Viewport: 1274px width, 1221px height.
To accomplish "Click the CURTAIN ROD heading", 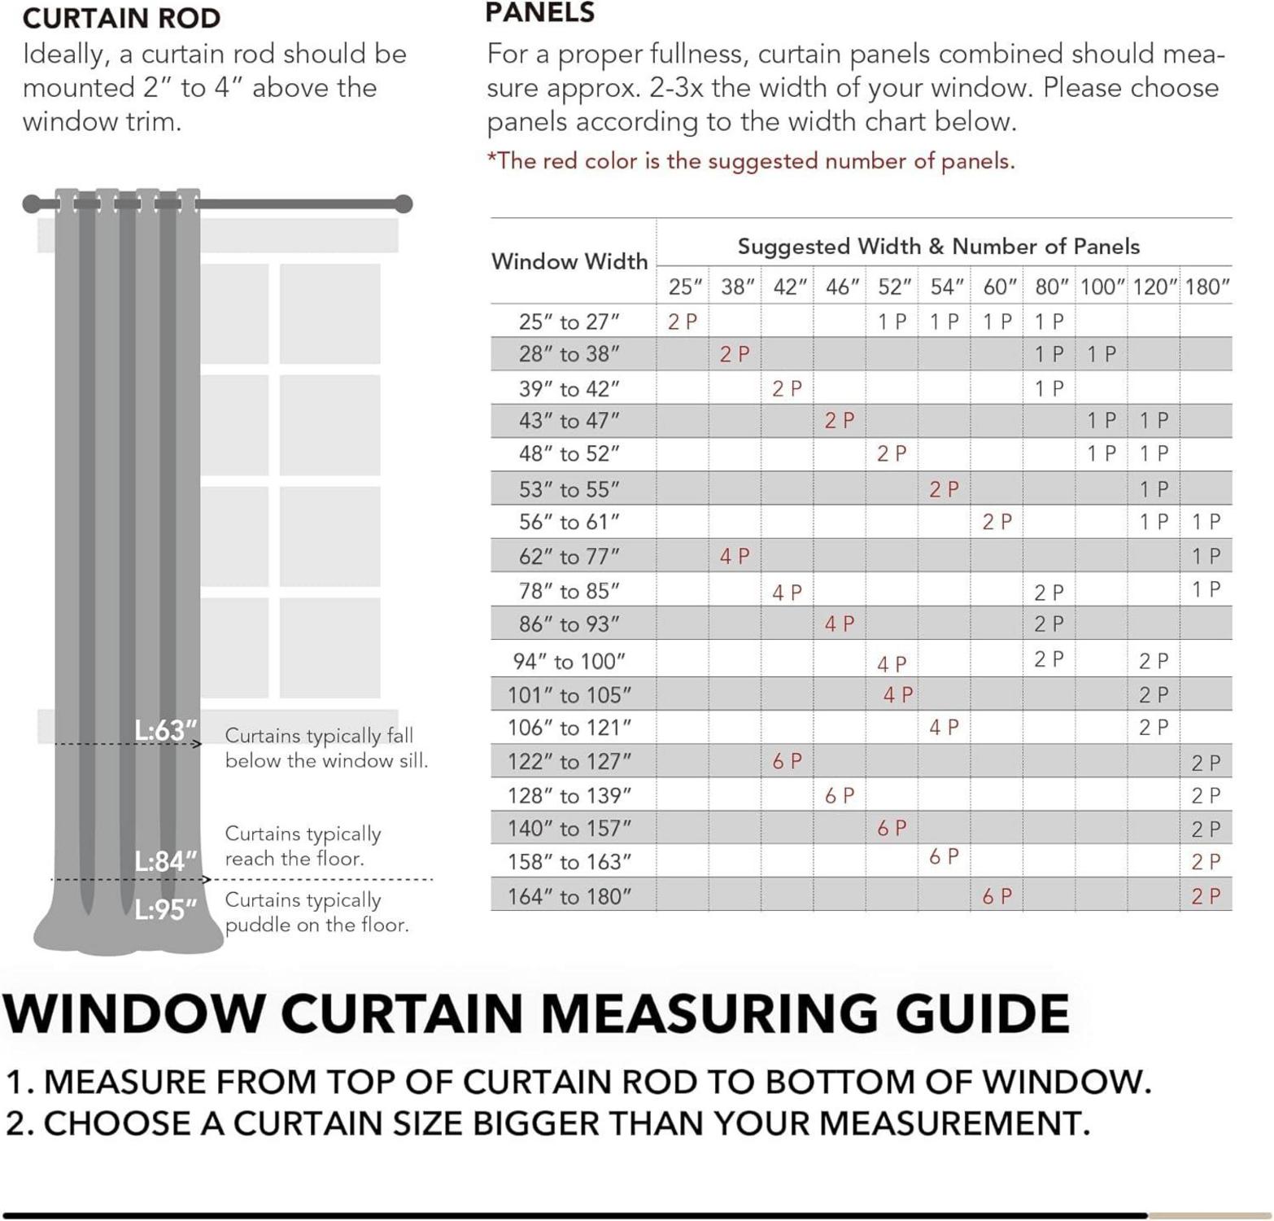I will tap(121, 18).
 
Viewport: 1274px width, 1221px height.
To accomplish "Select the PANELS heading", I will tap(539, 13).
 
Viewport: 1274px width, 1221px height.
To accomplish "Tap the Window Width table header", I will tap(569, 261).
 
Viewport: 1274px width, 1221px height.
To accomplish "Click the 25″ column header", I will tap(685, 287).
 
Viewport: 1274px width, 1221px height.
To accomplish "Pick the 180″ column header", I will tap(1206, 287).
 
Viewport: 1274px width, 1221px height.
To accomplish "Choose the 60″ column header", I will tap(1000, 287).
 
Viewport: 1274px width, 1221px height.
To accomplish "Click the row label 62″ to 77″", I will tap(569, 557).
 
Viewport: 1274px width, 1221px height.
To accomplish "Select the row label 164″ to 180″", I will tap(569, 896).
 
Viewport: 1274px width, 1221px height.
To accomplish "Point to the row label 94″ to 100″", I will tap(569, 661).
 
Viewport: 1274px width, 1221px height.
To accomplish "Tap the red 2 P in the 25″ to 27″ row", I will tap(682, 322).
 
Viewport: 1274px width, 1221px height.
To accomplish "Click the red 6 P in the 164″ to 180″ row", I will tap(997, 896).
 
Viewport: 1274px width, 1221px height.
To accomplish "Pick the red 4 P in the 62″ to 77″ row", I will tap(735, 557).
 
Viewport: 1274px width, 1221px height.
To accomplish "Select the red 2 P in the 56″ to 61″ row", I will tap(997, 522).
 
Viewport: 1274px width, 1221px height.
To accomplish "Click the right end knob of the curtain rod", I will tap(404, 203).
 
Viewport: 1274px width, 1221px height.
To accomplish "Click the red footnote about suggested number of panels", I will tap(750, 161).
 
